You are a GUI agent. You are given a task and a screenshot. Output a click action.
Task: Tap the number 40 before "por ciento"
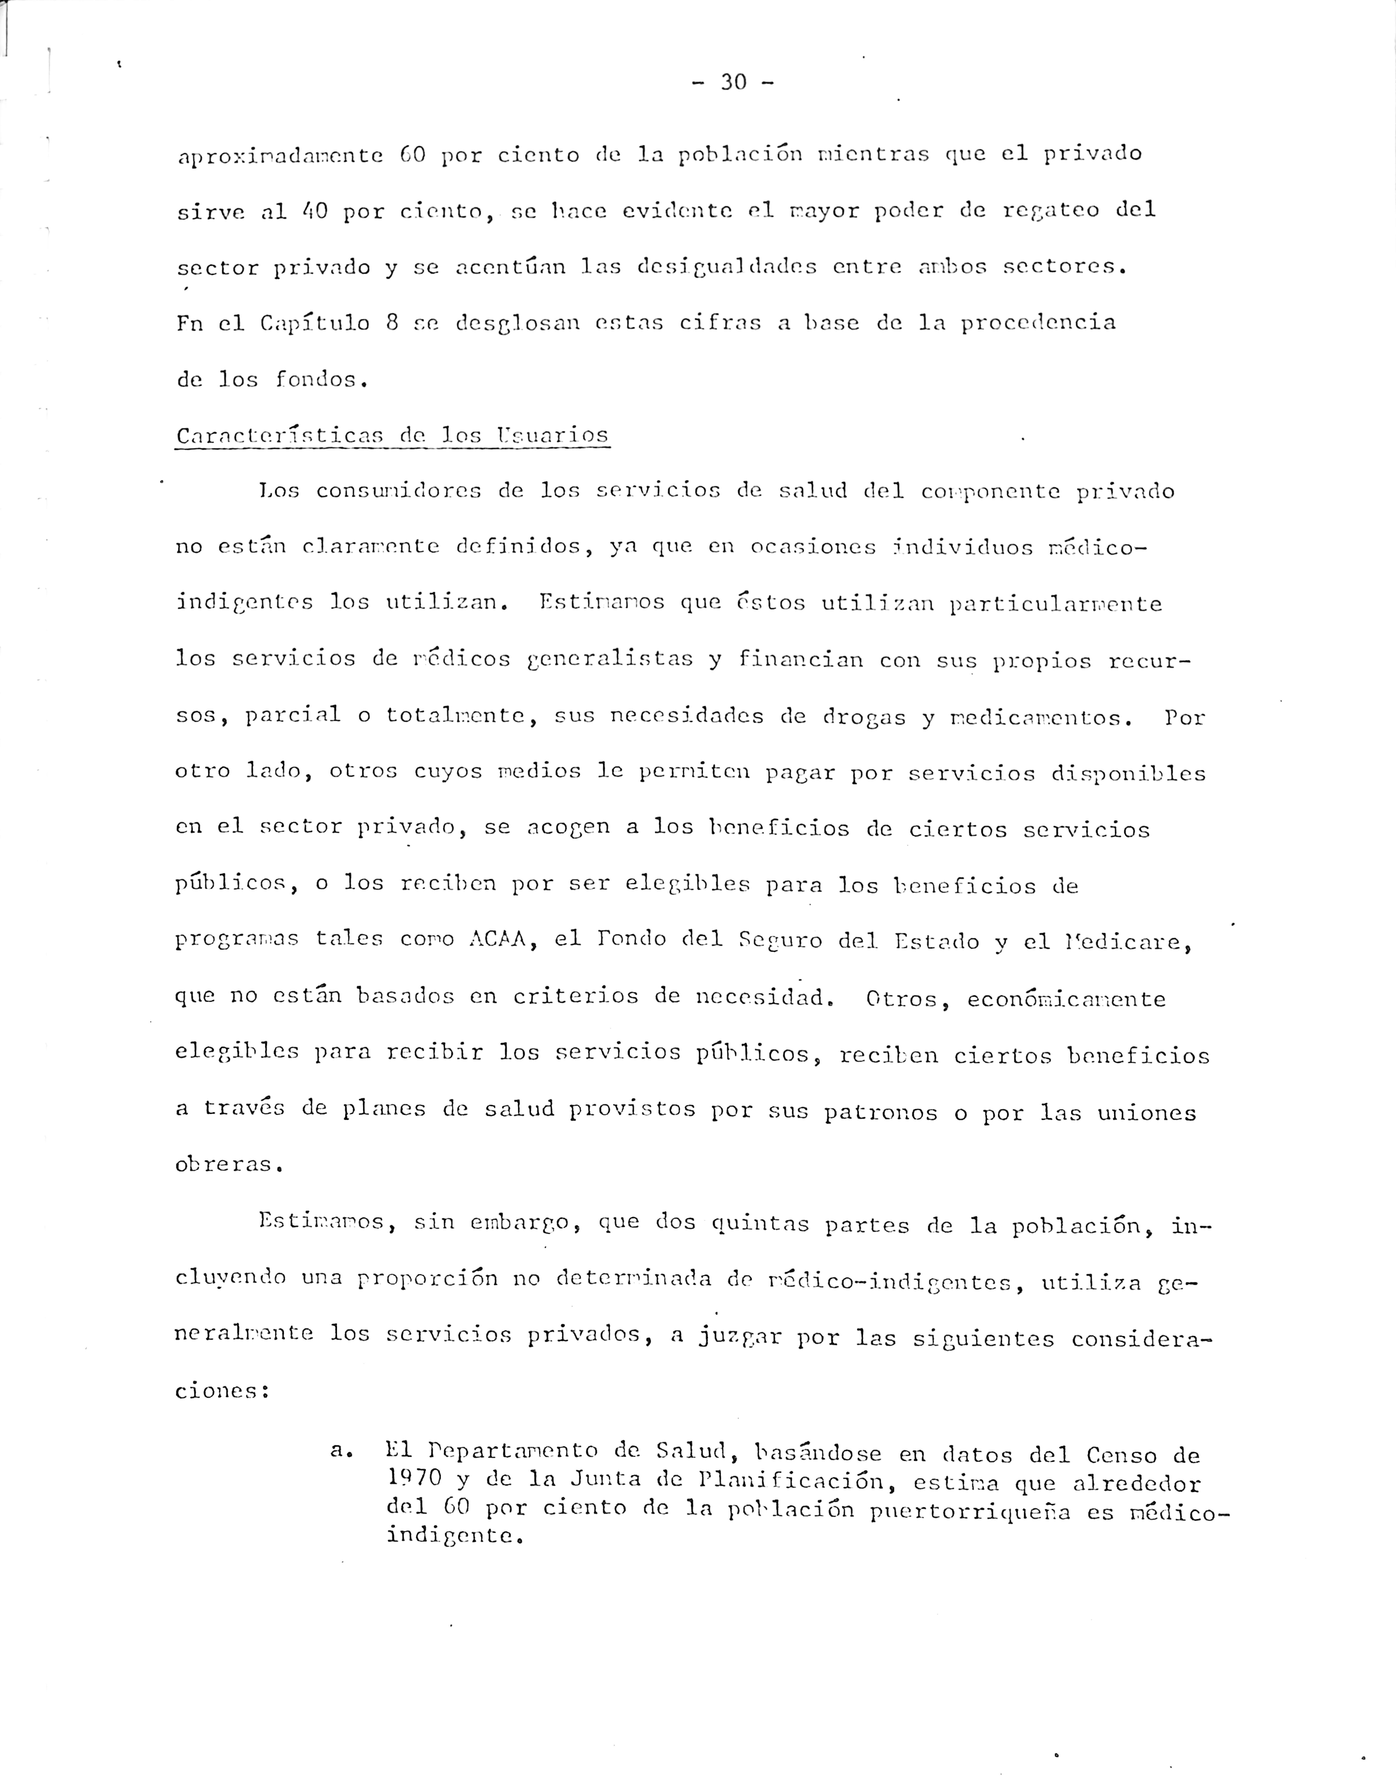pyautogui.click(x=315, y=211)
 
